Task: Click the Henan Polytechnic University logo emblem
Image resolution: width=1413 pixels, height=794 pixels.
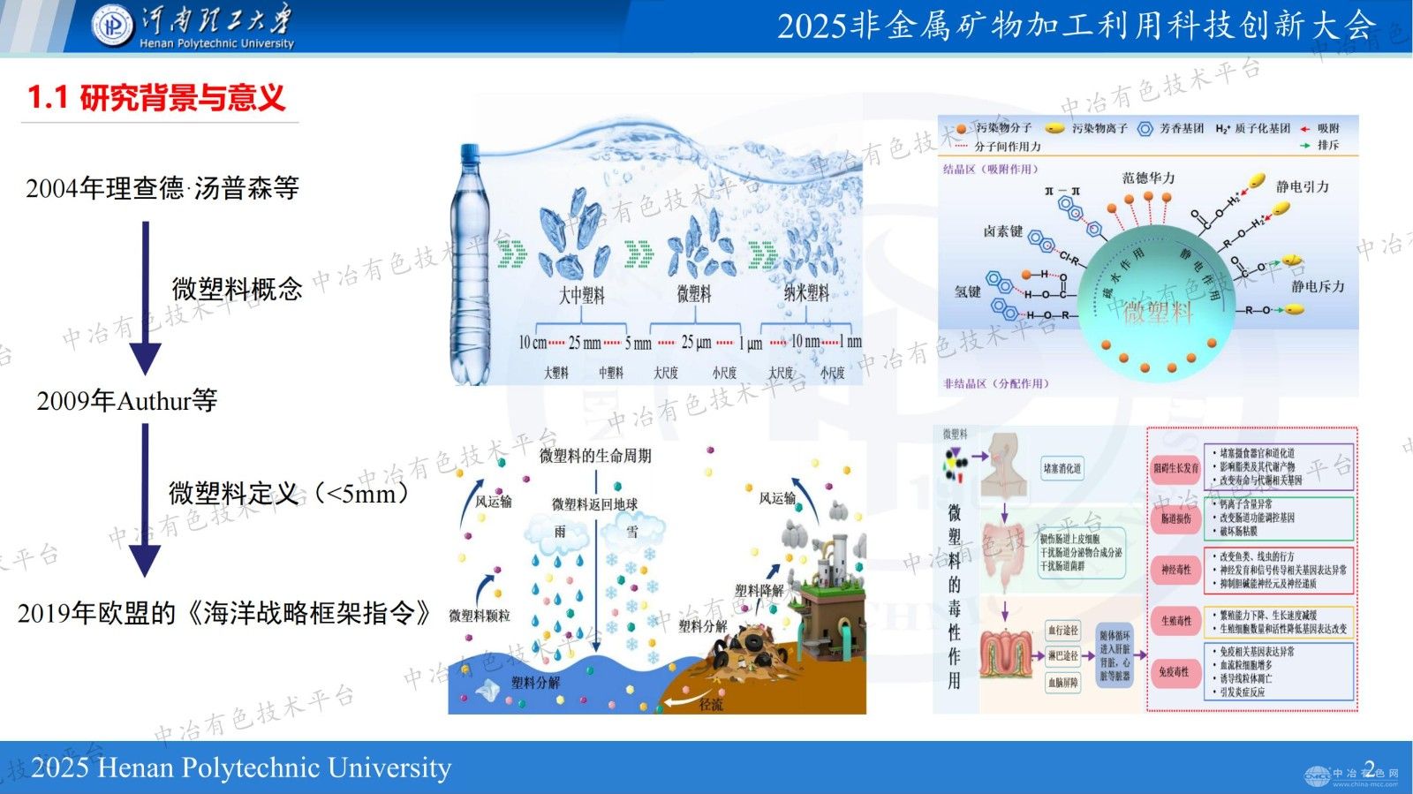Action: click(112, 26)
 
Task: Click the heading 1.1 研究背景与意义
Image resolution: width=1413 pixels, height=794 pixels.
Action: click(156, 97)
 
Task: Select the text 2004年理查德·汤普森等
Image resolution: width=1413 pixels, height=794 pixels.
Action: click(162, 188)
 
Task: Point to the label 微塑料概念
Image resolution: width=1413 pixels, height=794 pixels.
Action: click(237, 289)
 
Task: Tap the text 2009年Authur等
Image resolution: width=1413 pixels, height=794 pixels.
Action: click(127, 401)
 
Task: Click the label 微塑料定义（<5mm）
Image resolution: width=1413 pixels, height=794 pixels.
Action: click(289, 493)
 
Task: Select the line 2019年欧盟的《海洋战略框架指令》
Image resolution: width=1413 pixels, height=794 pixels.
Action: click(224, 613)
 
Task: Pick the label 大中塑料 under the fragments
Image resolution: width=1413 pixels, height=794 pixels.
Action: click(581, 296)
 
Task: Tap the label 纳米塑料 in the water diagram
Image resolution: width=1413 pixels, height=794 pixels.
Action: click(806, 294)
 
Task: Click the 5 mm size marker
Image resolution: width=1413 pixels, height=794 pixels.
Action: click(638, 343)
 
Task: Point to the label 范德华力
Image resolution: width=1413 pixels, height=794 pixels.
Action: click(1148, 178)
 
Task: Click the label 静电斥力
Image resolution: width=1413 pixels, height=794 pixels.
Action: click(1318, 287)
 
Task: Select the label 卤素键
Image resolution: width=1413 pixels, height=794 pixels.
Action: click(1002, 231)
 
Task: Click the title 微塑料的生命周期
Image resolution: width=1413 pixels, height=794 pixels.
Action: click(595, 456)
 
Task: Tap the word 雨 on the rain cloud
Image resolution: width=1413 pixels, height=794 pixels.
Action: click(560, 532)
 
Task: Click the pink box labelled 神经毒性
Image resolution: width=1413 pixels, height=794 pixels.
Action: click(1175, 571)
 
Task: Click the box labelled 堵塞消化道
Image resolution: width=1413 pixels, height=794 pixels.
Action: click(1062, 469)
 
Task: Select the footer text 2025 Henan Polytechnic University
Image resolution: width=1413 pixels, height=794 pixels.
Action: click(241, 768)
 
